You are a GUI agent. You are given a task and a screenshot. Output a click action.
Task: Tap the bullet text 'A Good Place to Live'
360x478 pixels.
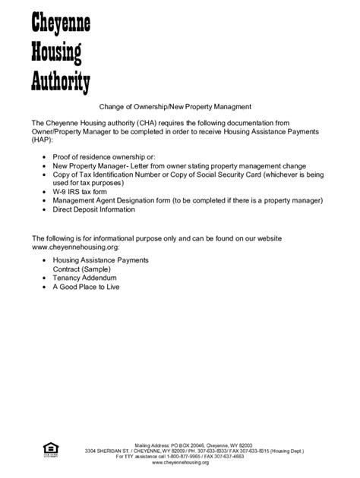pyautogui.click(x=86, y=287)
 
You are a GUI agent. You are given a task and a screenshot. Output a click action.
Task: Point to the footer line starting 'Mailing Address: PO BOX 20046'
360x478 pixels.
pyautogui.click(x=193, y=445)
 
